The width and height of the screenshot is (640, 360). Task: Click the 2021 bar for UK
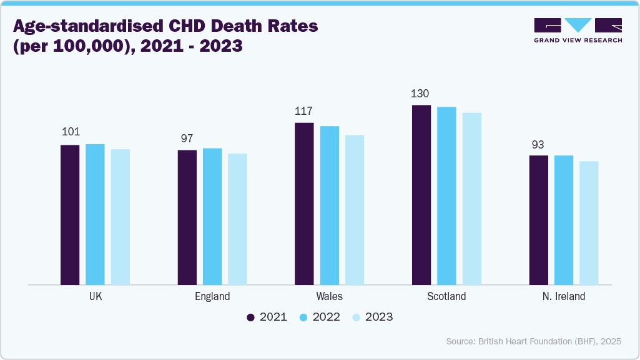(70, 215)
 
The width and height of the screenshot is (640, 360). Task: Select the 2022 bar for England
(212, 216)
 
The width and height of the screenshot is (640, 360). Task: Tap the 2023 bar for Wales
(355, 210)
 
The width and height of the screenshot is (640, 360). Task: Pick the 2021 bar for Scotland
(421, 195)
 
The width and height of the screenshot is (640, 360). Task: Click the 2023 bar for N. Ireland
(589, 223)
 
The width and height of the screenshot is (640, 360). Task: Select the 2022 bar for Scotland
(446, 196)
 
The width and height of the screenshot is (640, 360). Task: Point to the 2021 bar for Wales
(304, 203)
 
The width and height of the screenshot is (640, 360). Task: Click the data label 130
(420, 94)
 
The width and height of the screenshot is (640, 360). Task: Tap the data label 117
(303, 111)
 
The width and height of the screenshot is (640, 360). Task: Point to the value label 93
(538, 144)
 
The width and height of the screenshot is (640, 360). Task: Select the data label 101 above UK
(70, 132)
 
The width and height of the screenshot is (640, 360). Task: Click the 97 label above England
(187, 138)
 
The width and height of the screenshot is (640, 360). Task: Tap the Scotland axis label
(446, 296)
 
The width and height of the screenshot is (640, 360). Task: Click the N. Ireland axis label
(563, 296)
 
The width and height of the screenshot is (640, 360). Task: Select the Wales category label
(329, 296)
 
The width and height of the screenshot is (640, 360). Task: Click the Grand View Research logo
(578, 31)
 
